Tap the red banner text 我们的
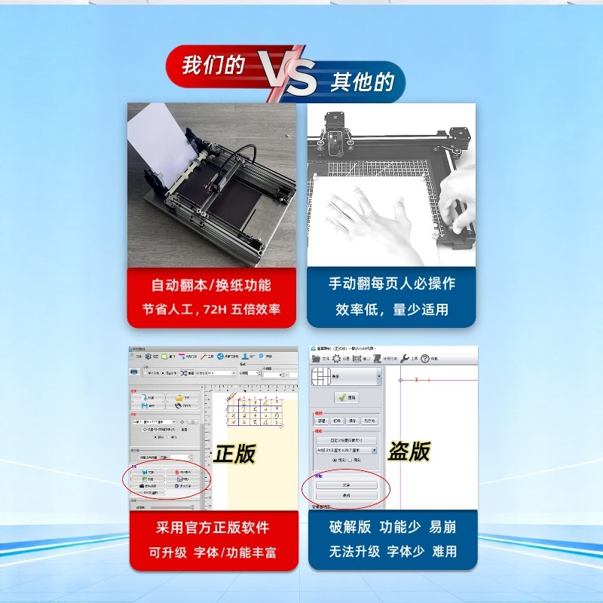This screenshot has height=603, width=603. (213, 66)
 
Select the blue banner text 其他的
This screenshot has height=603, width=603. (363, 81)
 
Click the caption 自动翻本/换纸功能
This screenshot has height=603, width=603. (212, 286)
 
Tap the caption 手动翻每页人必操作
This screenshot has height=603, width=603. (391, 284)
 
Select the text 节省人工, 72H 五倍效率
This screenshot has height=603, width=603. (212, 310)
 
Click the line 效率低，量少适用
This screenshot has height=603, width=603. (391, 310)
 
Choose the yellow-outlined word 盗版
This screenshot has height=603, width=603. (409, 451)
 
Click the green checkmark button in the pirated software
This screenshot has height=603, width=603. (347, 397)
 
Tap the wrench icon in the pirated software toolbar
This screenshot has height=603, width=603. (403, 359)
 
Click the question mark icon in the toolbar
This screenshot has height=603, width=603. (424, 359)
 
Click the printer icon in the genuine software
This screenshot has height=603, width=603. (134, 372)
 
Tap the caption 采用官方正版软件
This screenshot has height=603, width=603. (212, 528)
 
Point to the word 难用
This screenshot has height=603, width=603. (445, 552)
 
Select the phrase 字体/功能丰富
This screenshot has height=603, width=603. (238, 552)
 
